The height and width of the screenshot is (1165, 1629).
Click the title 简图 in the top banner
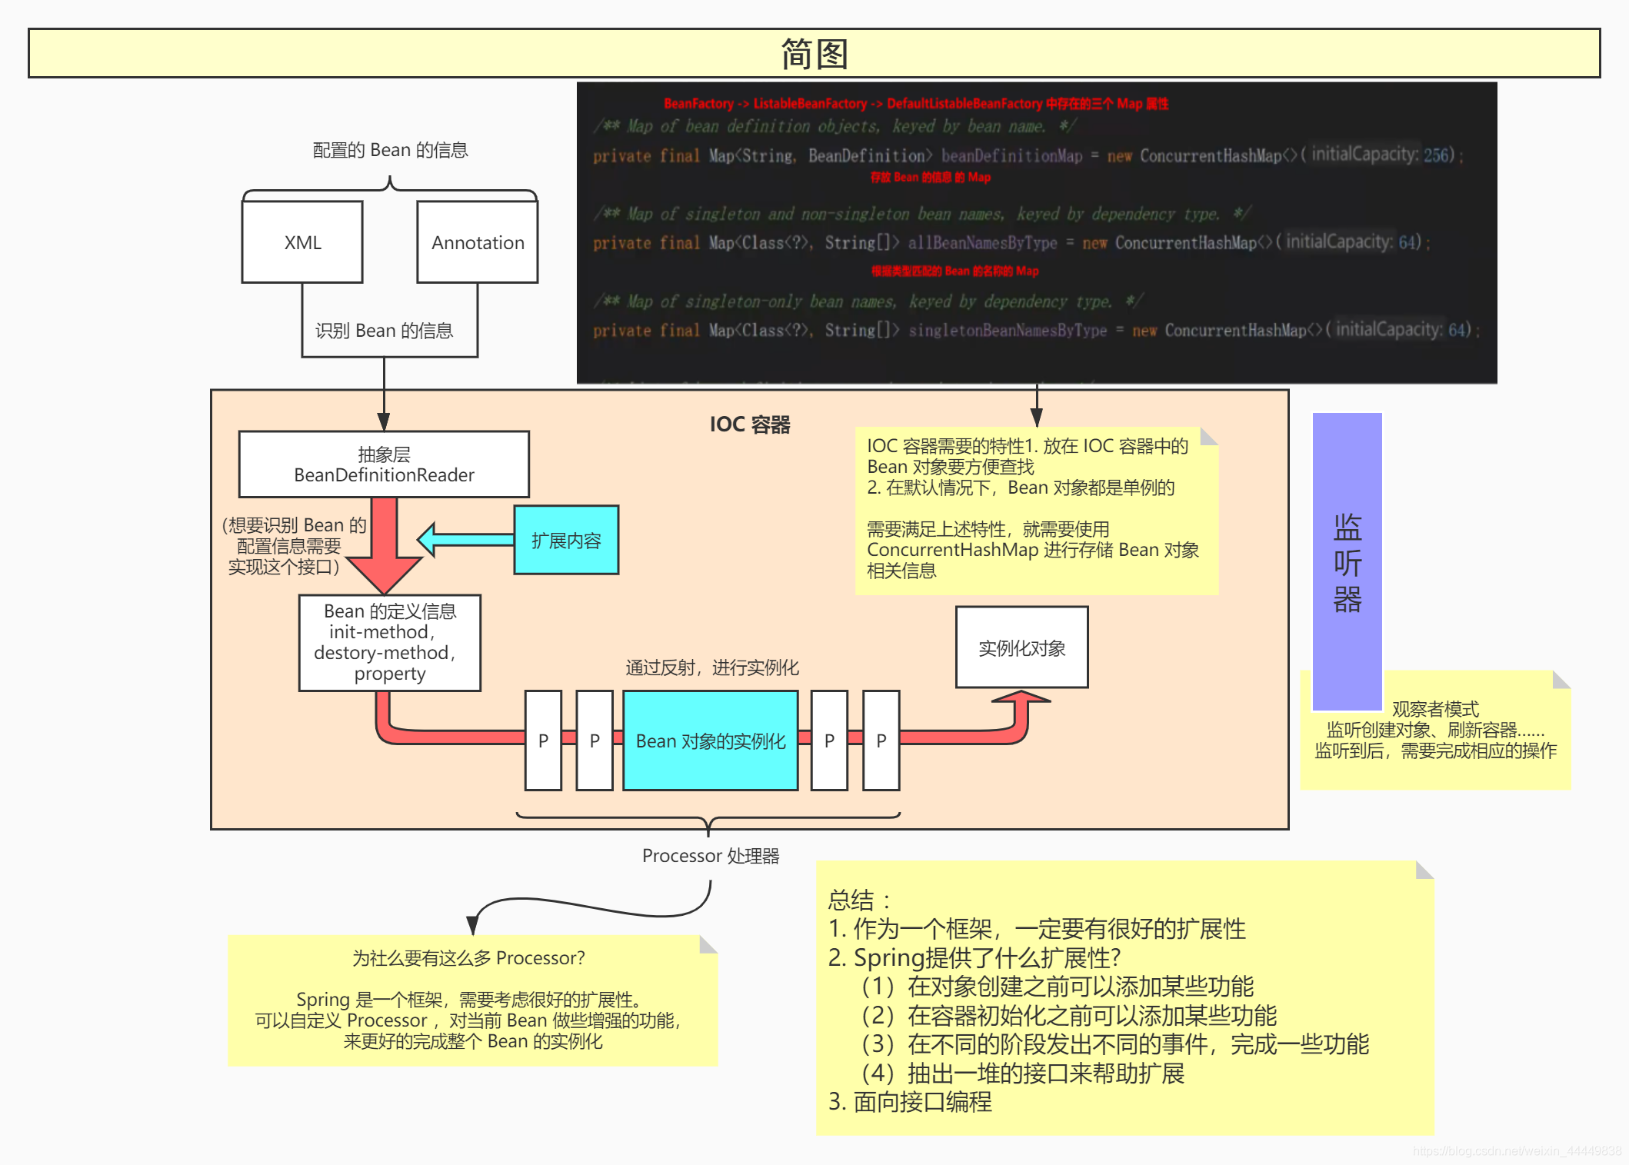click(814, 54)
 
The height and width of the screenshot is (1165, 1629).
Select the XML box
click(302, 242)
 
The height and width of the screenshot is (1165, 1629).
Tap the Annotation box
click(477, 242)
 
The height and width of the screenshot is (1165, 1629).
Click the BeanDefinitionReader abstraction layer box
click(384, 464)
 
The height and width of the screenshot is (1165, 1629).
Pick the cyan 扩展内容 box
click(566, 541)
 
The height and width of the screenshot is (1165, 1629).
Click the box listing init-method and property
click(390, 643)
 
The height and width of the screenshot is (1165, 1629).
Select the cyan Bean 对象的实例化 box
click(710, 741)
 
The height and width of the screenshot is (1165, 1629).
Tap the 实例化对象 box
click(1021, 647)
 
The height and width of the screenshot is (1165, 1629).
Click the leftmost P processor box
click(543, 741)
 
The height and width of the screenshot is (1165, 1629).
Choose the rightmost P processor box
click(881, 741)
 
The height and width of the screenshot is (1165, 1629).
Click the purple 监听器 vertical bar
click(1347, 561)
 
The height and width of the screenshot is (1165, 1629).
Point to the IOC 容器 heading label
click(749, 424)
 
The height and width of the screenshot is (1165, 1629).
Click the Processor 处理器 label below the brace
click(711, 856)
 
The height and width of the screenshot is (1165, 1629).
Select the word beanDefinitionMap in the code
click(1011, 156)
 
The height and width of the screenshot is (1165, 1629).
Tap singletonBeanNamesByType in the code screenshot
click(1008, 331)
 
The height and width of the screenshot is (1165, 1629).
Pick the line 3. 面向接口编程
click(910, 1102)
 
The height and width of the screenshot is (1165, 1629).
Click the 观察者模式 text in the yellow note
click(1435, 709)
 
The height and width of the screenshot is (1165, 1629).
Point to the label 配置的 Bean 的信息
click(390, 150)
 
